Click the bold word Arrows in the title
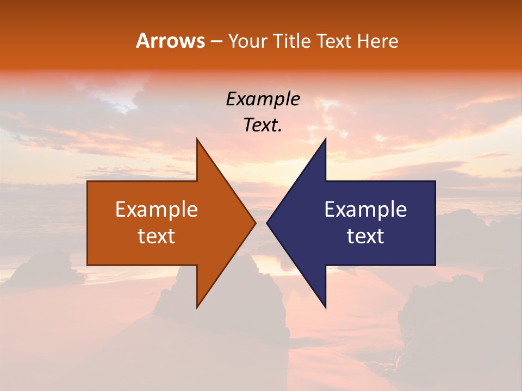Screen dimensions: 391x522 pos(170,41)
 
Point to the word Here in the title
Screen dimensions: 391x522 pos(377,41)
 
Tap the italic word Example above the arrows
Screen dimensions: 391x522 pos(263,99)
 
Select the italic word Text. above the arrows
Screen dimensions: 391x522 pos(263,125)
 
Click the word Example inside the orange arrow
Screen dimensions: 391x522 pos(157,210)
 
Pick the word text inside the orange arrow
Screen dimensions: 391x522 pos(157,236)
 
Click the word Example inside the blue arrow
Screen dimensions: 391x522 pos(365,210)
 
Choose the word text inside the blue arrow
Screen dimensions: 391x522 pos(365,236)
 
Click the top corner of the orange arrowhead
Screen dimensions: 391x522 pos(197,140)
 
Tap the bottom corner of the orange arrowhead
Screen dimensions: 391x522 pos(197,307)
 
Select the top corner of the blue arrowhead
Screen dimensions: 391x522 pos(325,140)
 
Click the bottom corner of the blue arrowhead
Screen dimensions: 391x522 pos(325,307)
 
